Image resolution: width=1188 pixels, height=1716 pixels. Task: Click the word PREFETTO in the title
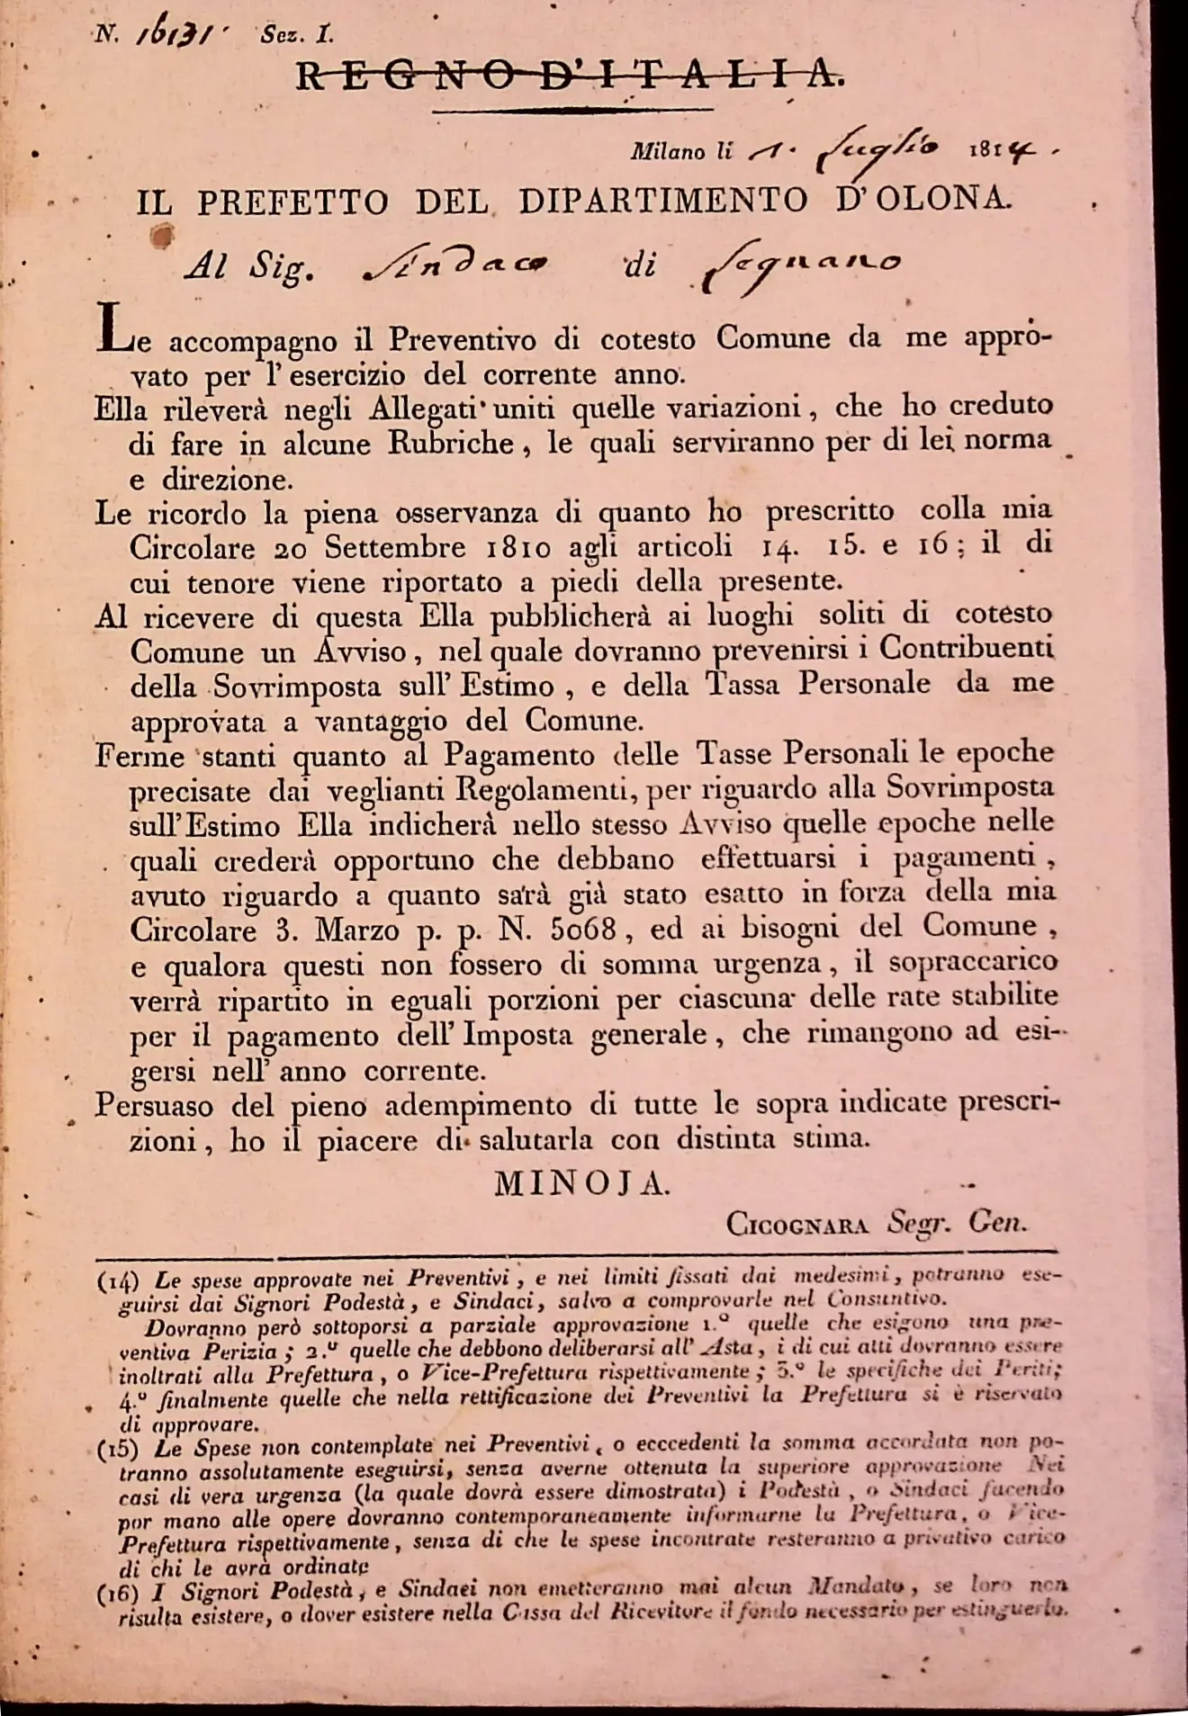coord(292,202)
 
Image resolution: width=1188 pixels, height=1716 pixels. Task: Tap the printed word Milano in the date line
coord(668,151)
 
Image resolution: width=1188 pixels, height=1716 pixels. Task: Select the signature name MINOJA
coord(581,1185)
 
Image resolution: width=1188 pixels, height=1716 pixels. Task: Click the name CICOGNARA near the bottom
coord(796,1224)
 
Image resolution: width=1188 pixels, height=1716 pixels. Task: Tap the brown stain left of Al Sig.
coord(163,236)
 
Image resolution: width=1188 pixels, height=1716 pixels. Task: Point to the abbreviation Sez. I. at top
coord(297,35)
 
